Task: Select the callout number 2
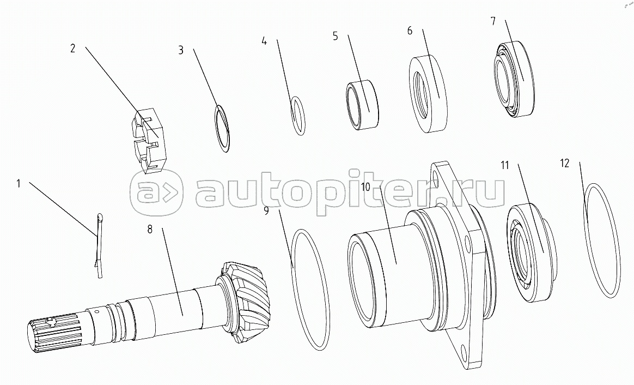[72, 48]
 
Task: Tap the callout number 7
[493, 21]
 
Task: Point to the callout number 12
[564, 163]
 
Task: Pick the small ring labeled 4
[298, 115]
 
